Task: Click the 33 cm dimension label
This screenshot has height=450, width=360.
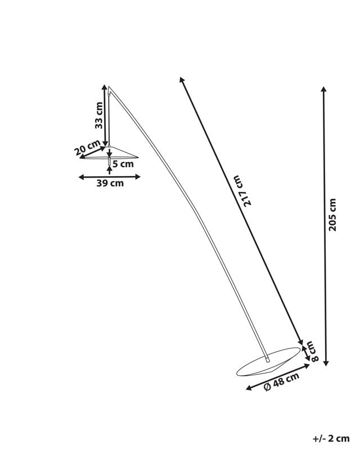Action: (99, 115)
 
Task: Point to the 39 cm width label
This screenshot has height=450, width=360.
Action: (110, 183)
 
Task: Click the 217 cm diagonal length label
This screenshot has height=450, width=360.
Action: (240, 191)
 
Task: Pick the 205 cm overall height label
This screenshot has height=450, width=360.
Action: (332, 215)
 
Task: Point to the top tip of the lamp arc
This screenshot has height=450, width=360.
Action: (109, 86)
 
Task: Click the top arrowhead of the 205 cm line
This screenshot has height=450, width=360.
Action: (324, 89)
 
